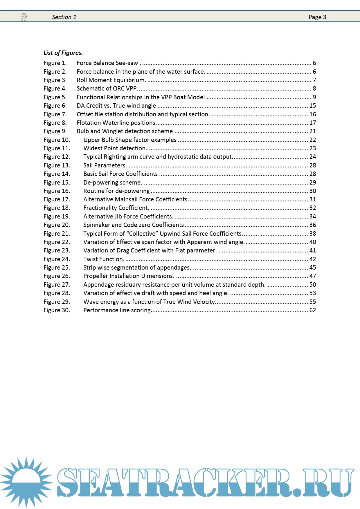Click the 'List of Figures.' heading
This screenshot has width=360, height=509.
point(63,53)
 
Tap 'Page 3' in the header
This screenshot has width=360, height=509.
point(317,17)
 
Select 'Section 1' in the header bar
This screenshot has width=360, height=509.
point(64,17)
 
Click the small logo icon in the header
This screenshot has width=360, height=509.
point(24,17)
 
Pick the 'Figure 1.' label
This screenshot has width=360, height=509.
point(55,63)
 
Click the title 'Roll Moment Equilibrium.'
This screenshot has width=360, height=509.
point(111,80)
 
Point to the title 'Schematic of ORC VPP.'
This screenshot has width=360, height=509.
point(107,89)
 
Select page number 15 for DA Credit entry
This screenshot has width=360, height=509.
point(312,106)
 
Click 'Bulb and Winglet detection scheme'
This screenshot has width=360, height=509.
point(125,131)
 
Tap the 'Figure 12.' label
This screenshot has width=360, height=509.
point(57,157)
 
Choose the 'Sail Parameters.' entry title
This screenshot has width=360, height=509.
point(105,165)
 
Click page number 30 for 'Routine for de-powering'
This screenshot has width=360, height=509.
point(312,191)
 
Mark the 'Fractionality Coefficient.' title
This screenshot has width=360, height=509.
point(116,208)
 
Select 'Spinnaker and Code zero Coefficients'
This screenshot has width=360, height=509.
point(134,225)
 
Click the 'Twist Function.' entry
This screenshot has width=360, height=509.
point(104,259)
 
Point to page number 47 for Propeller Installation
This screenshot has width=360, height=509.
point(312,276)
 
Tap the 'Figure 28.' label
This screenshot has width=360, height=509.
point(57,293)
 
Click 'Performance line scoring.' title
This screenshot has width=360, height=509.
point(117,310)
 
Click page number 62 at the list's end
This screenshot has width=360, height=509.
point(312,310)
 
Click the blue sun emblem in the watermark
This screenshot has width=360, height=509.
point(26,482)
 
